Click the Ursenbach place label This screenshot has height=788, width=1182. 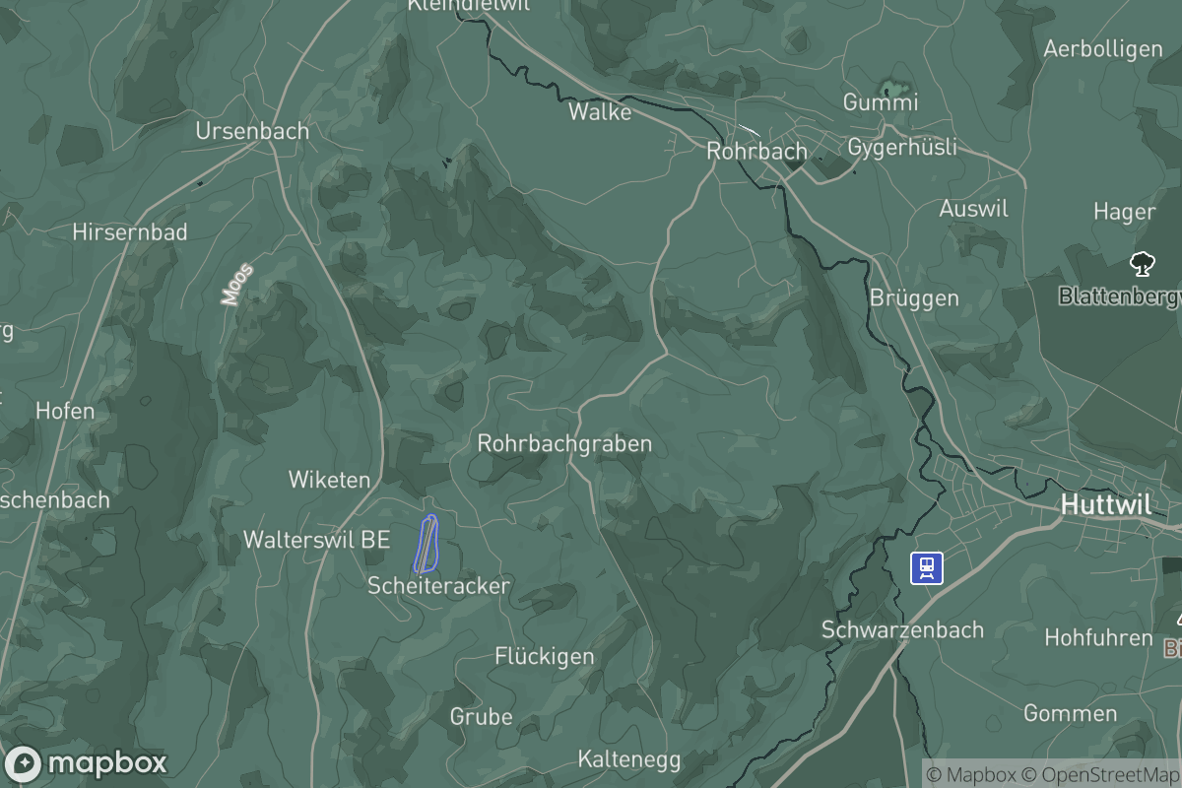click(252, 131)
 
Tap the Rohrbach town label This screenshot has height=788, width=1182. click(756, 152)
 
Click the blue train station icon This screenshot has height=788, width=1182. click(927, 567)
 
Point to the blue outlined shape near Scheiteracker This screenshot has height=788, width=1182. click(427, 544)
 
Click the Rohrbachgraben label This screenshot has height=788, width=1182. click(564, 444)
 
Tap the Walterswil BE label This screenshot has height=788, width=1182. click(316, 540)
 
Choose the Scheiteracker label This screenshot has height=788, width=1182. click(438, 586)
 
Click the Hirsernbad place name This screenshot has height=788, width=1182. click(130, 232)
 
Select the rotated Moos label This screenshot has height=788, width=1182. click(237, 284)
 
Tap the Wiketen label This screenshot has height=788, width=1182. click(329, 480)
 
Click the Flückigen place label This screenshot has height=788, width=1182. click(545, 656)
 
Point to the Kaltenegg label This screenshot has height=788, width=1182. click(629, 759)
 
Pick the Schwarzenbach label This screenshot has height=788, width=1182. click(902, 629)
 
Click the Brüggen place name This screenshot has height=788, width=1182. click(914, 297)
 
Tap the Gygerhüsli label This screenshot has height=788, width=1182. click(902, 148)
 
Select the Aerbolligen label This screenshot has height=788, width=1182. click(1102, 48)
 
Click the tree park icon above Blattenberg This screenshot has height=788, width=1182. click(1142, 264)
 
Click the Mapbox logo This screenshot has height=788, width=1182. click(86, 763)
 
